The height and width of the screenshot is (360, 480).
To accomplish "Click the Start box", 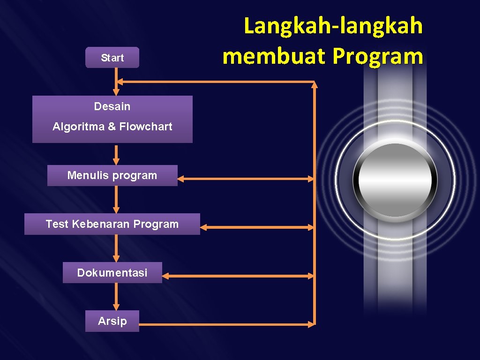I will (112, 58).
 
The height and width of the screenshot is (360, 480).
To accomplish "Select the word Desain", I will (112, 106).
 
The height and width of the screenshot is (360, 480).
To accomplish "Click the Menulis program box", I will (112, 175).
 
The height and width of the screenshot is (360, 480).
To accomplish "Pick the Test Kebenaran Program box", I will (112, 224).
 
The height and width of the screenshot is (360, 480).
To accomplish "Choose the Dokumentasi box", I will (112, 272).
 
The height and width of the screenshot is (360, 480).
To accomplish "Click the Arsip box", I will (112, 321).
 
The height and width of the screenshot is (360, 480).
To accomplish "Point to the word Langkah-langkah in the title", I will (333, 26).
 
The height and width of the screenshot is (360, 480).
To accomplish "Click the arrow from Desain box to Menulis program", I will (116, 154).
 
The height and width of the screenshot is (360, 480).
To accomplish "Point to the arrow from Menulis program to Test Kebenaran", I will (116, 199).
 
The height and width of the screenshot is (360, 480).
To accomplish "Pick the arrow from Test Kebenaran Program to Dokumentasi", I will (116, 248).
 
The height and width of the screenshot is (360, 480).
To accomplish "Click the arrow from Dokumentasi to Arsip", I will (116, 296).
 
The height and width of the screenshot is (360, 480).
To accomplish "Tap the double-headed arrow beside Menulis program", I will (246, 179).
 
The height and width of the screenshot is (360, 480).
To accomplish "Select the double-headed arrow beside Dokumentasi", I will (240, 276).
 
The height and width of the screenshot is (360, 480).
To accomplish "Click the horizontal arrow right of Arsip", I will (227, 324).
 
